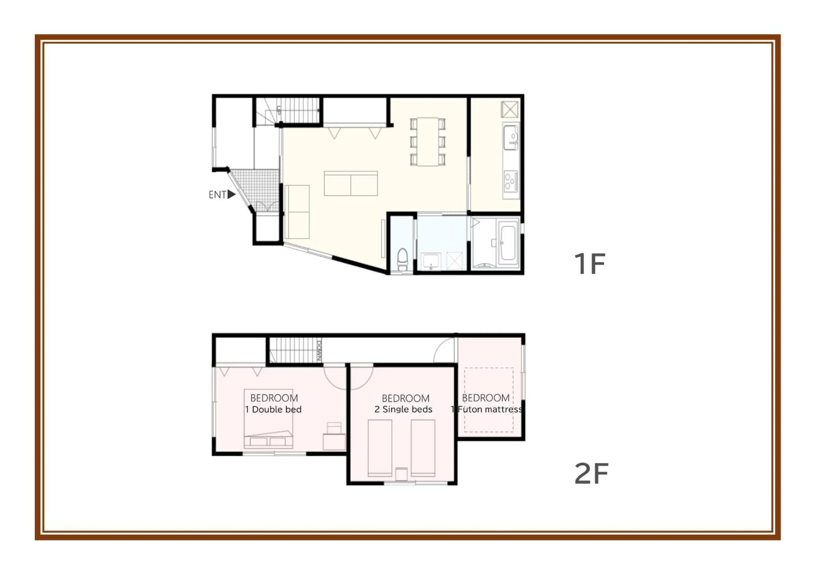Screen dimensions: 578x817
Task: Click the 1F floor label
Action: coord(590,264)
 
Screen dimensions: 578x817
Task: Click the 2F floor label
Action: coord(591,474)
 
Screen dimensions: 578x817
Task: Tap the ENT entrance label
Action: coord(217,195)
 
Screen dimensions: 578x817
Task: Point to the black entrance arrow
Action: coord(232,194)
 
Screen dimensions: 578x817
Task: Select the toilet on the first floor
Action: coord(403,259)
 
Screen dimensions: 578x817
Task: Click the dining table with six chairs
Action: coord(428,142)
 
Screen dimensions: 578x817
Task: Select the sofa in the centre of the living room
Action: coord(351,184)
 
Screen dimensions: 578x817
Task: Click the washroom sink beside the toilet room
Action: coord(431,262)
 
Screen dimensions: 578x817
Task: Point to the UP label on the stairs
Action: coord(279,110)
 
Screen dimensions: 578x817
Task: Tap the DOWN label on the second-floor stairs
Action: coord(319,351)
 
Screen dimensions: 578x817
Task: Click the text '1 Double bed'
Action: coord(273,410)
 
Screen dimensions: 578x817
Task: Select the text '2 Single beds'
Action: coord(403,410)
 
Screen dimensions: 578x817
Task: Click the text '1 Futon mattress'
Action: coord(486,410)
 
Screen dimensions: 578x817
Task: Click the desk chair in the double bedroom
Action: coord(334,427)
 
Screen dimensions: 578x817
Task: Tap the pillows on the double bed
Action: coord(268,442)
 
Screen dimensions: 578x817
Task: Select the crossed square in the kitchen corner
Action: coord(510,109)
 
